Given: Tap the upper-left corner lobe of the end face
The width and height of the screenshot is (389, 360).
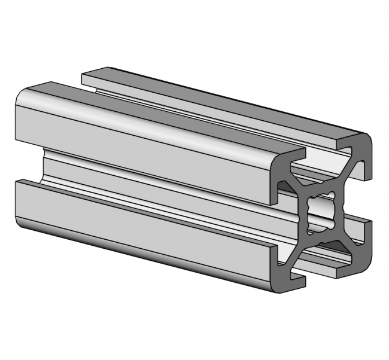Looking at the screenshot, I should click(x=286, y=173).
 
